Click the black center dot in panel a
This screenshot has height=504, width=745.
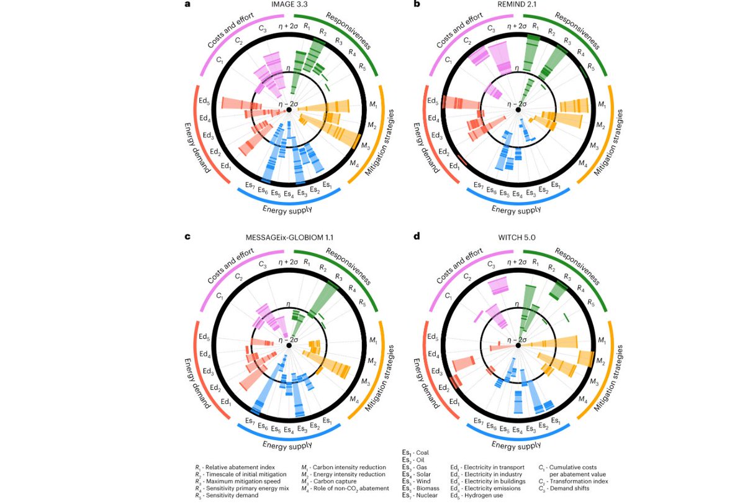pos(289,110)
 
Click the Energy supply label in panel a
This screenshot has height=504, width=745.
pos(287,210)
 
